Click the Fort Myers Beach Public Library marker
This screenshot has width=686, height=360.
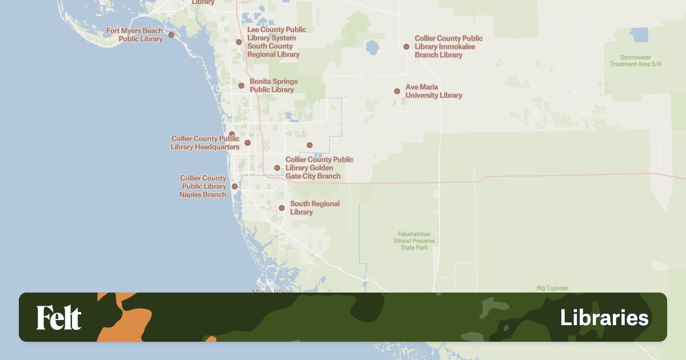(x=171, y=35)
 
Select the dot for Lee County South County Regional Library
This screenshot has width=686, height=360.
(x=239, y=42)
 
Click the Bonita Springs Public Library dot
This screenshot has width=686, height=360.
(x=241, y=86)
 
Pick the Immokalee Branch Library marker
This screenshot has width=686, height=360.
(x=406, y=47)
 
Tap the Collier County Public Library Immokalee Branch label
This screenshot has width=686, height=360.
(x=448, y=46)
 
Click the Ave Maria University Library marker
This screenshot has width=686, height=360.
(x=397, y=91)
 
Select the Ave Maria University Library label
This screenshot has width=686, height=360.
(x=433, y=91)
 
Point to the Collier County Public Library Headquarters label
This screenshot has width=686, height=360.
(x=205, y=143)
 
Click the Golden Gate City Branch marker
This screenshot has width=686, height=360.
(x=277, y=168)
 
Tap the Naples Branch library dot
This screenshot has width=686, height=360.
(x=234, y=186)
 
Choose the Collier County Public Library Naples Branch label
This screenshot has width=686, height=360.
(x=203, y=186)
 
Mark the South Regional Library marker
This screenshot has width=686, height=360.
(x=282, y=208)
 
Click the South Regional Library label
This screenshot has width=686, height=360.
(x=314, y=207)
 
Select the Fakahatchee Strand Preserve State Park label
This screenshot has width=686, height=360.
(x=414, y=241)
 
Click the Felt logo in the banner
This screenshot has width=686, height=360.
(x=59, y=318)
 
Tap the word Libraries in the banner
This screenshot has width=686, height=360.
(x=604, y=318)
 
